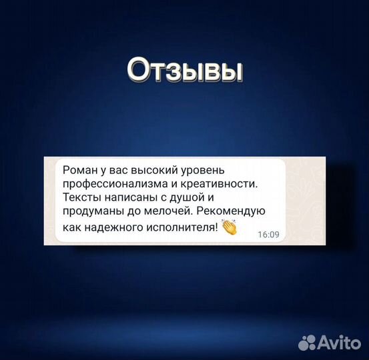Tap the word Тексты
tap(78, 197)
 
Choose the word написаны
tap(127, 197)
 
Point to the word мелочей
tap(165, 212)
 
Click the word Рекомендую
tap(234, 212)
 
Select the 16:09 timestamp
tap(268, 235)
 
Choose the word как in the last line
tap(71, 227)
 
